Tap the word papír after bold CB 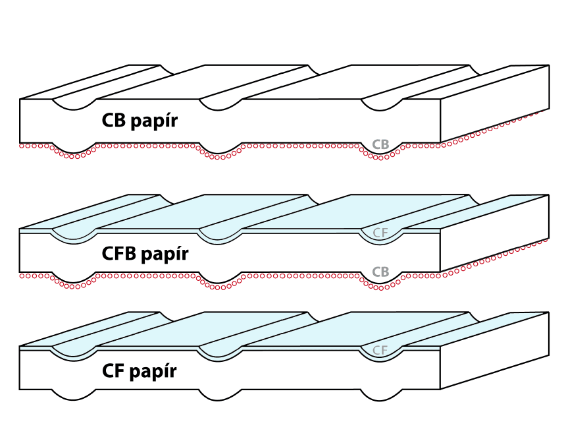tap(156, 122)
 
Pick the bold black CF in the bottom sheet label tap(115, 371)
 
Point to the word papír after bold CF tap(154, 372)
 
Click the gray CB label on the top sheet tap(380, 144)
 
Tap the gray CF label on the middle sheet tap(380, 233)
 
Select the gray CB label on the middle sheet tap(380, 272)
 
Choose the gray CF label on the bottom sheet tap(380, 350)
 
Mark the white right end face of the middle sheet tap(494, 234)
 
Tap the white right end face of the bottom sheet tap(494, 353)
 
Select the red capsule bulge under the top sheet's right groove tap(380, 158)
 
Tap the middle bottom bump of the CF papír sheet tap(220, 397)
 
